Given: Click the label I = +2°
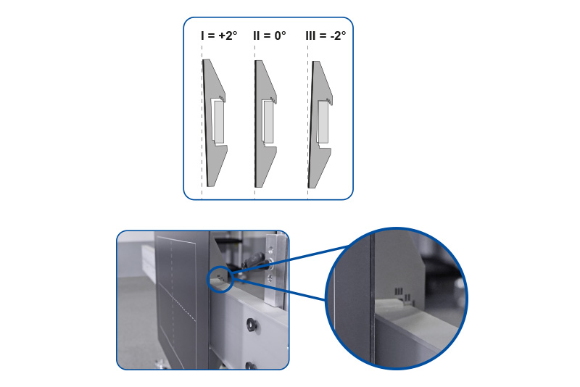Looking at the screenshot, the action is point(219,36).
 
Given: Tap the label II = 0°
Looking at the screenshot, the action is point(270,36).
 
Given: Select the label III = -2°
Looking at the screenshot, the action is point(326,36).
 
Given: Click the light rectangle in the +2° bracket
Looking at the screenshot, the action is point(219,122).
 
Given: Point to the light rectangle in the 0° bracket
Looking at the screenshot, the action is point(268,122).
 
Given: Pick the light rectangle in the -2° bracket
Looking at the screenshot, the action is point(323,122).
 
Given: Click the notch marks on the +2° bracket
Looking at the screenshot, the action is point(222,98).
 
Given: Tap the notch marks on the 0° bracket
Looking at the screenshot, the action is point(273,99).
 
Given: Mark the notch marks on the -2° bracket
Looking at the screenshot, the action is point(329,100).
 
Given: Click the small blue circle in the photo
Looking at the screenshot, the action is point(220,280).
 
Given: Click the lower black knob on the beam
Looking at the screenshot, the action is point(251,365).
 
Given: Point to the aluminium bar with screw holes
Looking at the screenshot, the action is point(275,270).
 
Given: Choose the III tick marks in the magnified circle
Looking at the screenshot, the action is point(398,291).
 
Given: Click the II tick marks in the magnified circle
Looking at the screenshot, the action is point(407,297).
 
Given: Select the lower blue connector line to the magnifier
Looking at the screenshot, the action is point(280,290).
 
